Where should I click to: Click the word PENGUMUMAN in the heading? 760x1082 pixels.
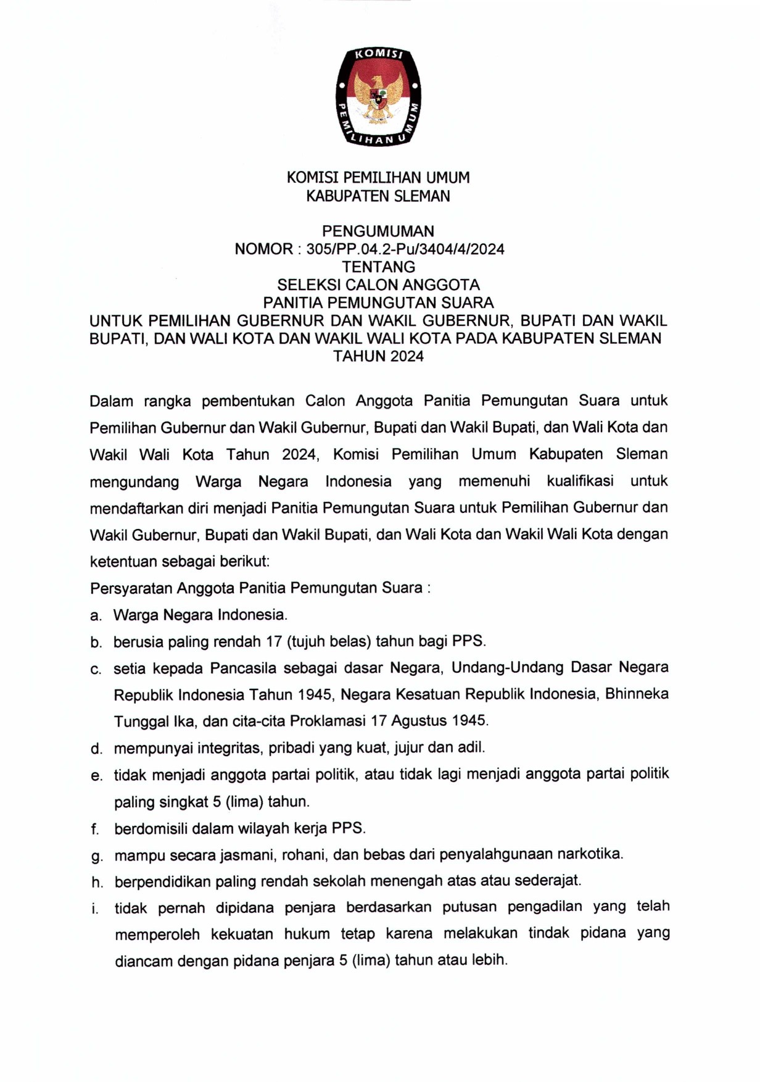[x=378, y=231]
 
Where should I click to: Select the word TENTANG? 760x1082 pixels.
[x=379, y=267]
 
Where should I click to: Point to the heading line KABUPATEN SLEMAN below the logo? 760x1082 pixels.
[x=378, y=196]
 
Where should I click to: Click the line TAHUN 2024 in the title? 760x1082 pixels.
[x=378, y=356]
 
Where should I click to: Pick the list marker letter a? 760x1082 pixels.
[x=95, y=616]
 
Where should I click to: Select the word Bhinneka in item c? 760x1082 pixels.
[x=637, y=694]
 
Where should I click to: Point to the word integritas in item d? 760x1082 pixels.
[x=231, y=748]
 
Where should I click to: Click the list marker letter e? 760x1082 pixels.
[x=96, y=776]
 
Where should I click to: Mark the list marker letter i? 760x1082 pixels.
[x=94, y=909]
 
